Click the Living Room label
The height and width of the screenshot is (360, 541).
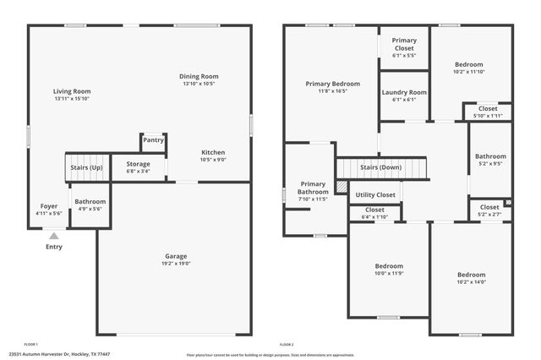pyautogui.click(x=71, y=91)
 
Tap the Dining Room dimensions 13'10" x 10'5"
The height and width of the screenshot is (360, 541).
pyautogui.click(x=199, y=84)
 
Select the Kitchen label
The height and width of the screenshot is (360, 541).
pyautogui.click(x=212, y=152)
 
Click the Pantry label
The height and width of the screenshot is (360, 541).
pyautogui.click(x=153, y=140)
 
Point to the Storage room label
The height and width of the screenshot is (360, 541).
pyautogui.click(x=138, y=164)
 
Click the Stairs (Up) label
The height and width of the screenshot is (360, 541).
pyautogui.click(x=86, y=167)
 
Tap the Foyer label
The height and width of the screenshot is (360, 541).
pyautogui.click(x=49, y=205)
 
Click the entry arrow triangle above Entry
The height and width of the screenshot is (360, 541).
pyautogui.click(x=54, y=237)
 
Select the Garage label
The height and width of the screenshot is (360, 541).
pyautogui.click(x=176, y=256)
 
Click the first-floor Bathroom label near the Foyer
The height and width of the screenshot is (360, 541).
pyautogui.click(x=90, y=201)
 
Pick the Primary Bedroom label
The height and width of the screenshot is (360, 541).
pyautogui.click(x=332, y=84)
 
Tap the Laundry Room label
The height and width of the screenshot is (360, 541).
pyautogui.click(x=404, y=92)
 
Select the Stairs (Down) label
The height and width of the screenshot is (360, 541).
pyautogui.click(x=380, y=167)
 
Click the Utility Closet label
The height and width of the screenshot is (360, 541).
pyautogui.click(x=375, y=194)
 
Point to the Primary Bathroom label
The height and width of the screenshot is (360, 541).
pyautogui.click(x=313, y=188)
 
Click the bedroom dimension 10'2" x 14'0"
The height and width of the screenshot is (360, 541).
pyautogui.click(x=471, y=283)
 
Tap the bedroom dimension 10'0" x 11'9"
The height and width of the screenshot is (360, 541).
pyautogui.click(x=390, y=273)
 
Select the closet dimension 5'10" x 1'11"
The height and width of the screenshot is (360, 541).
pyautogui.click(x=488, y=115)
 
